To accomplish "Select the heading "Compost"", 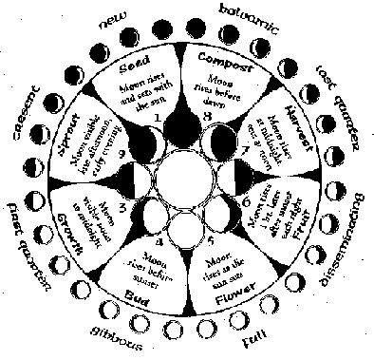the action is coord(223,62).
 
